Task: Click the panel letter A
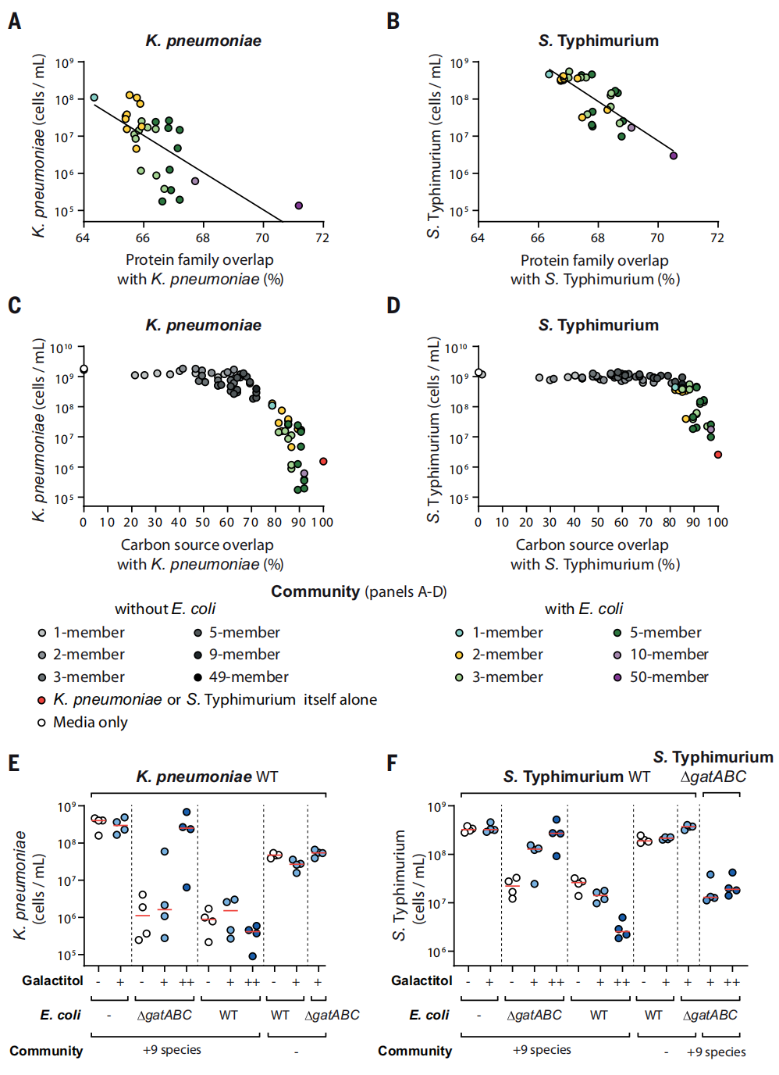tap(15, 21)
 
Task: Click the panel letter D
tap(393, 305)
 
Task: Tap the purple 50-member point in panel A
tap(299, 205)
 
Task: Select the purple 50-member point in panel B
tap(674, 155)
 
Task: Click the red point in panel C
tap(323, 462)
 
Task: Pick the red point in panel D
tap(718, 455)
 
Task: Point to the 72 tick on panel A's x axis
tap(322, 237)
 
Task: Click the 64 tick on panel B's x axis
tap(478, 237)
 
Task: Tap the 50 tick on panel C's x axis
tap(203, 522)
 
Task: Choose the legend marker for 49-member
tap(198, 677)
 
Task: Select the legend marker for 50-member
tap(617, 677)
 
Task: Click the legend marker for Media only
tap(42, 723)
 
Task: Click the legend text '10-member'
tap(669, 655)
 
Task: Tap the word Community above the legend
tap(315, 591)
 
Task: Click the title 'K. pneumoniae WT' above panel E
tap(207, 777)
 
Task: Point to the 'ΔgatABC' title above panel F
tap(713, 777)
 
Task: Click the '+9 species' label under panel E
tap(172, 1049)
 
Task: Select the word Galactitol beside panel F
tap(422, 980)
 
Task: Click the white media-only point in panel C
tap(84, 370)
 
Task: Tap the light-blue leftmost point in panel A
tap(94, 98)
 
